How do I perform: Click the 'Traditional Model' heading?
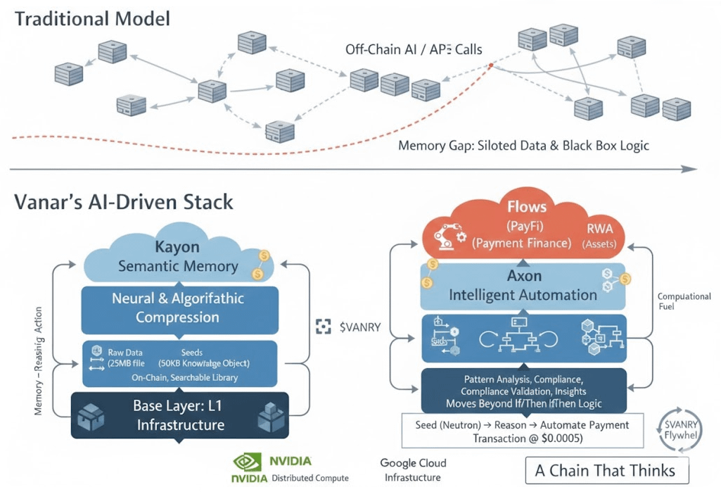92,18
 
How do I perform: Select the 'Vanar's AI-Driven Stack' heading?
123,203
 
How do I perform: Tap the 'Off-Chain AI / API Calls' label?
413,50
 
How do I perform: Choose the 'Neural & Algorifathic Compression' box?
179,308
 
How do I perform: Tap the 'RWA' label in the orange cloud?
600,227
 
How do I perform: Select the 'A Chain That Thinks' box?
606,471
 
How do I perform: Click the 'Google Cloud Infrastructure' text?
412,470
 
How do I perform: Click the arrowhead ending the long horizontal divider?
693,169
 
